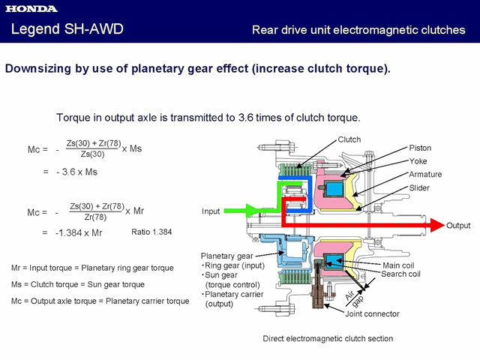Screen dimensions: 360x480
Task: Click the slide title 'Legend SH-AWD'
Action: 67,29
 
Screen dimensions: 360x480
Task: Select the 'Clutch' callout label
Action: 349,139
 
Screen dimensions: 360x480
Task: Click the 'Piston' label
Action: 421,148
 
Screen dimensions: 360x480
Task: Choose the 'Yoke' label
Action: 418,161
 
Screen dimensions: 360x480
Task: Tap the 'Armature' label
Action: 425,175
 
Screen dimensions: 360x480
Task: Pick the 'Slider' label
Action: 420,188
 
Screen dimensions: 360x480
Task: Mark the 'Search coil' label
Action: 401,274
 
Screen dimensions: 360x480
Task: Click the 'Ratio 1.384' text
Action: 151,232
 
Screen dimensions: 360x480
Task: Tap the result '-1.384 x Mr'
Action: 79,232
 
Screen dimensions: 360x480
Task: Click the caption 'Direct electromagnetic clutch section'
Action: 328,339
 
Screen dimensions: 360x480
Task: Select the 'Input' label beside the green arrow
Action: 211,211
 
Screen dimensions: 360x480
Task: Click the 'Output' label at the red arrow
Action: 458,226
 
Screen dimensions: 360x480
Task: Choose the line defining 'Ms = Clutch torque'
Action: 88,284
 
